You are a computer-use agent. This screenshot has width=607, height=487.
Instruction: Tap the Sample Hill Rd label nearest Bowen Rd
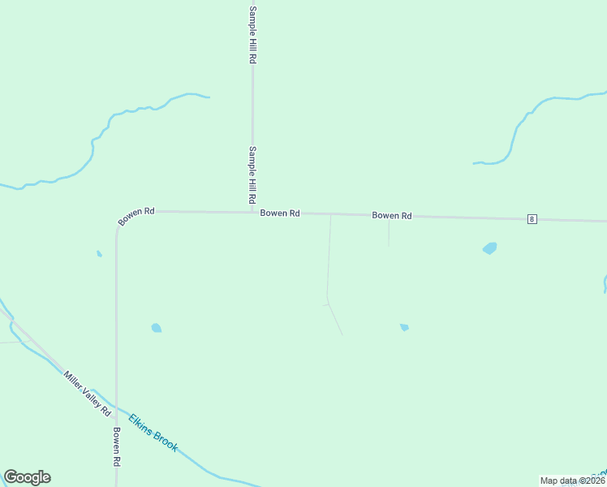[x=252, y=175]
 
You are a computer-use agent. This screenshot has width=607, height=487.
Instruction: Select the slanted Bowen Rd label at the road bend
[x=136, y=216]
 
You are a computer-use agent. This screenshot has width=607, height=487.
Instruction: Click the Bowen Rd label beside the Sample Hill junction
[x=280, y=213]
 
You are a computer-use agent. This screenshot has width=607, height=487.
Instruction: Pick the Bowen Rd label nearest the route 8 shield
[x=392, y=216]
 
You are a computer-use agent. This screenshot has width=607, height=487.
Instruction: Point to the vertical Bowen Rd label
[x=117, y=446]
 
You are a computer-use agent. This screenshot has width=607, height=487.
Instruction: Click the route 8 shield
[x=532, y=219]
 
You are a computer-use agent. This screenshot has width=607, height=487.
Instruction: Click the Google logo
[x=27, y=477]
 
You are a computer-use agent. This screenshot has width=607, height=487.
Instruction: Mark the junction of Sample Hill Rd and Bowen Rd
[x=252, y=213]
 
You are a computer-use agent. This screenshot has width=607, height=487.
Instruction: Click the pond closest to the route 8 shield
[x=489, y=248]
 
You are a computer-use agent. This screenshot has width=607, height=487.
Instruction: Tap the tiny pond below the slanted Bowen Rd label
[x=99, y=254]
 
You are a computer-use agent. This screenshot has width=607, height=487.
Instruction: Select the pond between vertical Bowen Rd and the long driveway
[x=156, y=328]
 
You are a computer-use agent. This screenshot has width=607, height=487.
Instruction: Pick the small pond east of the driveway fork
[x=403, y=327]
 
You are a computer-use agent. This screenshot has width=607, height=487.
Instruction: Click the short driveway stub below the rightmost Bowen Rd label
[x=389, y=233]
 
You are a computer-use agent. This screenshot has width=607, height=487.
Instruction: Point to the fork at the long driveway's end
[x=329, y=304]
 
